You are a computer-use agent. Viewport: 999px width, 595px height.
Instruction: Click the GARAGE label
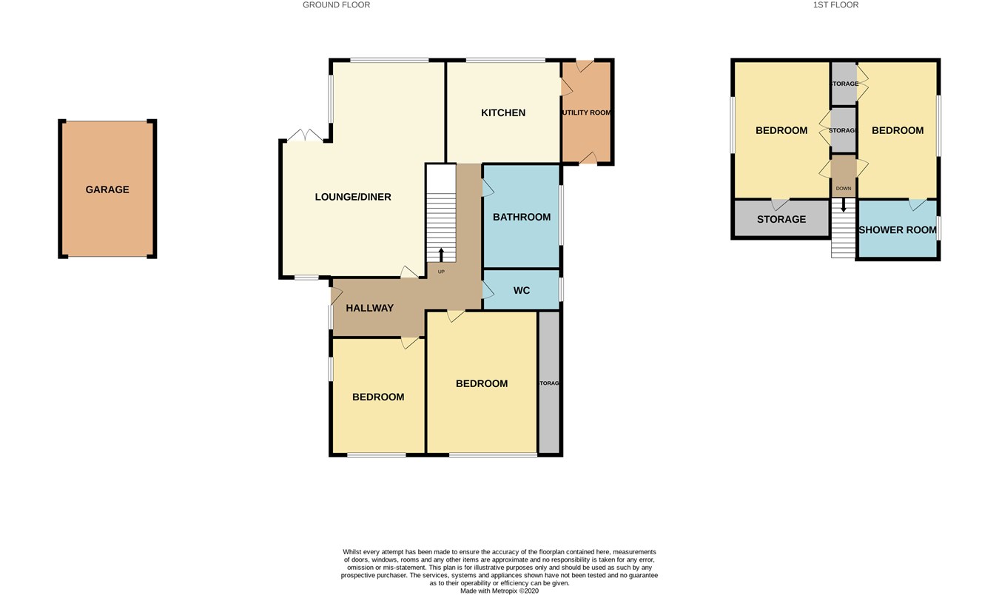pyautogui.click(x=107, y=189)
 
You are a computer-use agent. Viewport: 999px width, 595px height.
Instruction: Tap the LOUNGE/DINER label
pyautogui.click(x=353, y=197)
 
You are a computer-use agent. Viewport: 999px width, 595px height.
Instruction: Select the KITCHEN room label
pyautogui.click(x=503, y=112)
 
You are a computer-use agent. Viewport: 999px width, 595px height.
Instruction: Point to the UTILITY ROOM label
pyautogui.click(x=587, y=112)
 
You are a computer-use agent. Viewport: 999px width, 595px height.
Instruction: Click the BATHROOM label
pyautogui.click(x=522, y=218)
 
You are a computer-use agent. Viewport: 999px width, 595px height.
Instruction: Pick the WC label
pyautogui.click(x=522, y=291)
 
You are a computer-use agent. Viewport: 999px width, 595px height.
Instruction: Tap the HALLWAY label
pyautogui.click(x=370, y=308)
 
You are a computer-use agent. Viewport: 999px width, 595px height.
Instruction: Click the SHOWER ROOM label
pyautogui.click(x=898, y=230)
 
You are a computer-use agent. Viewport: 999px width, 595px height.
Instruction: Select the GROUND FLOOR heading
pyautogui.click(x=336, y=5)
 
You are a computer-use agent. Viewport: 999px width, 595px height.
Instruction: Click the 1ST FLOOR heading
pyautogui.click(x=835, y=5)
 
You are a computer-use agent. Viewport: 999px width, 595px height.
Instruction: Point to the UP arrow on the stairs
pyautogui.click(x=441, y=255)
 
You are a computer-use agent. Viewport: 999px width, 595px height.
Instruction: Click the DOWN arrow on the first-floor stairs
pyautogui.click(x=844, y=205)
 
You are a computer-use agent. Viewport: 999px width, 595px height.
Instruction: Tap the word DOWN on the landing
pyautogui.click(x=844, y=189)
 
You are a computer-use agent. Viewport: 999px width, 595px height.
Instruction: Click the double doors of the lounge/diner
pyautogui.click(x=305, y=135)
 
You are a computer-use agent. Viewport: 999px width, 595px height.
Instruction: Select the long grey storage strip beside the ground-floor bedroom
pyautogui.click(x=549, y=383)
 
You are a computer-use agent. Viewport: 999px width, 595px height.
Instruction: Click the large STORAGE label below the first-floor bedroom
pyautogui.click(x=781, y=220)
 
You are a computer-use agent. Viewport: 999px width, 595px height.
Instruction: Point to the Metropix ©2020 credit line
pyautogui.click(x=499, y=591)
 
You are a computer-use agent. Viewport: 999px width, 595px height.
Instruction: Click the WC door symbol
pyautogui.click(x=488, y=291)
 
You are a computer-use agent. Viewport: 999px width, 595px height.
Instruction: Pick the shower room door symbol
pyautogui.click(x=918, y=204)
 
